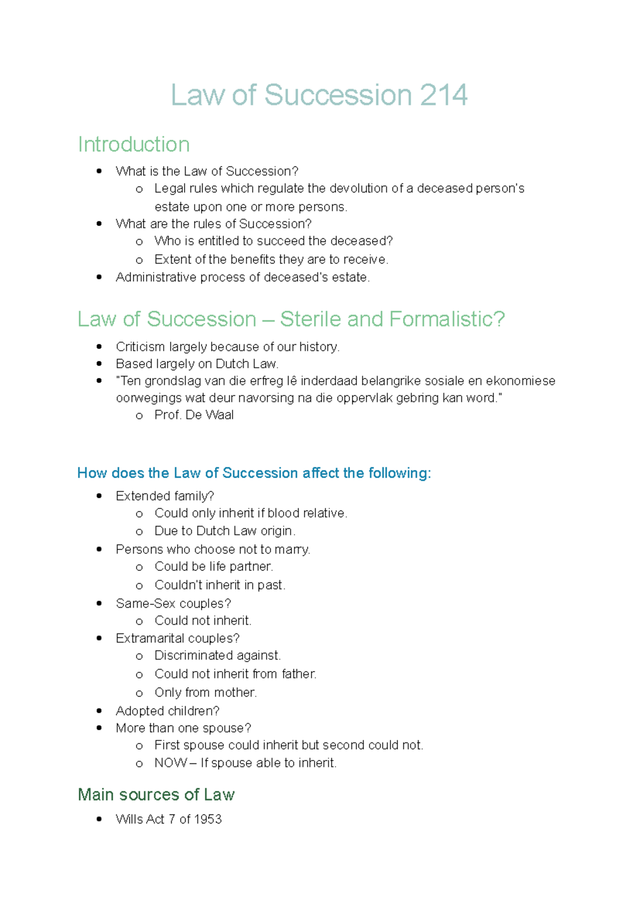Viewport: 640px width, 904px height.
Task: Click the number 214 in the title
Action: (x=443, y=95)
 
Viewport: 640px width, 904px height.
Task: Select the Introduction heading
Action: (x=134, y=144)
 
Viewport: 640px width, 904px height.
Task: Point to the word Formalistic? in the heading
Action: (x=447, y=319)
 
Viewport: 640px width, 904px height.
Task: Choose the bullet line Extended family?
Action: (x=165, y=496)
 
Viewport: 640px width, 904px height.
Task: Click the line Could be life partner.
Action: (x=213, y=567)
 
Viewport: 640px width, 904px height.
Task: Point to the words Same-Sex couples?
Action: (x=173, y=603)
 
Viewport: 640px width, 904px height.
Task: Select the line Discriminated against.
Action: (x=218, y=656)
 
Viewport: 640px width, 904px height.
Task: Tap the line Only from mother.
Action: (x=205, y=692)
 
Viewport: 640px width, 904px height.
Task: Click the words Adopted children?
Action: (x=167, y=711)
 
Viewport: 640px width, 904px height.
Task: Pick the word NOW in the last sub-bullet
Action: (x=170, y=763)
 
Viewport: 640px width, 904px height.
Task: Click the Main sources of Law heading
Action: (x=156, y=795)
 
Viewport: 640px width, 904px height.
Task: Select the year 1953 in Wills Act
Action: (x=207, y=819)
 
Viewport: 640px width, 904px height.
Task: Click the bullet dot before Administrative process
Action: (x=99, y=277)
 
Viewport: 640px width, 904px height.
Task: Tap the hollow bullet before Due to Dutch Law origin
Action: (x=139, y=531)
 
